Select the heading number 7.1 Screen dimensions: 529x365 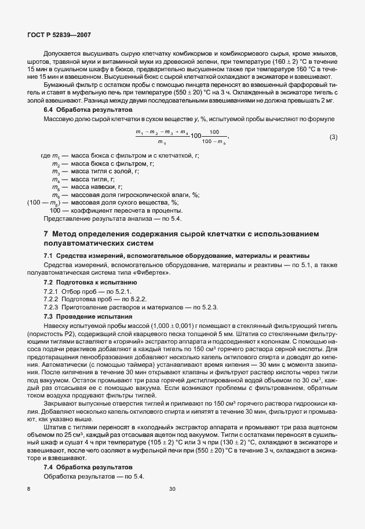pos(49,256)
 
